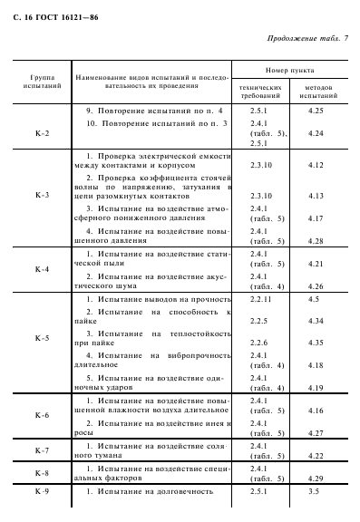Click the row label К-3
pos(42,194)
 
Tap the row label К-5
pos(42,338)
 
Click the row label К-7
pos(42,449)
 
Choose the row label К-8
pos(42,472)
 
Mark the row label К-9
pos(42,491)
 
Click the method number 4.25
pos(316,110)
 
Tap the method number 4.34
pos(316,321)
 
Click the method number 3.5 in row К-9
pos(314,491)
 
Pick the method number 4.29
pos(316,478)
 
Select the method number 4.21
pos(316,264)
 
